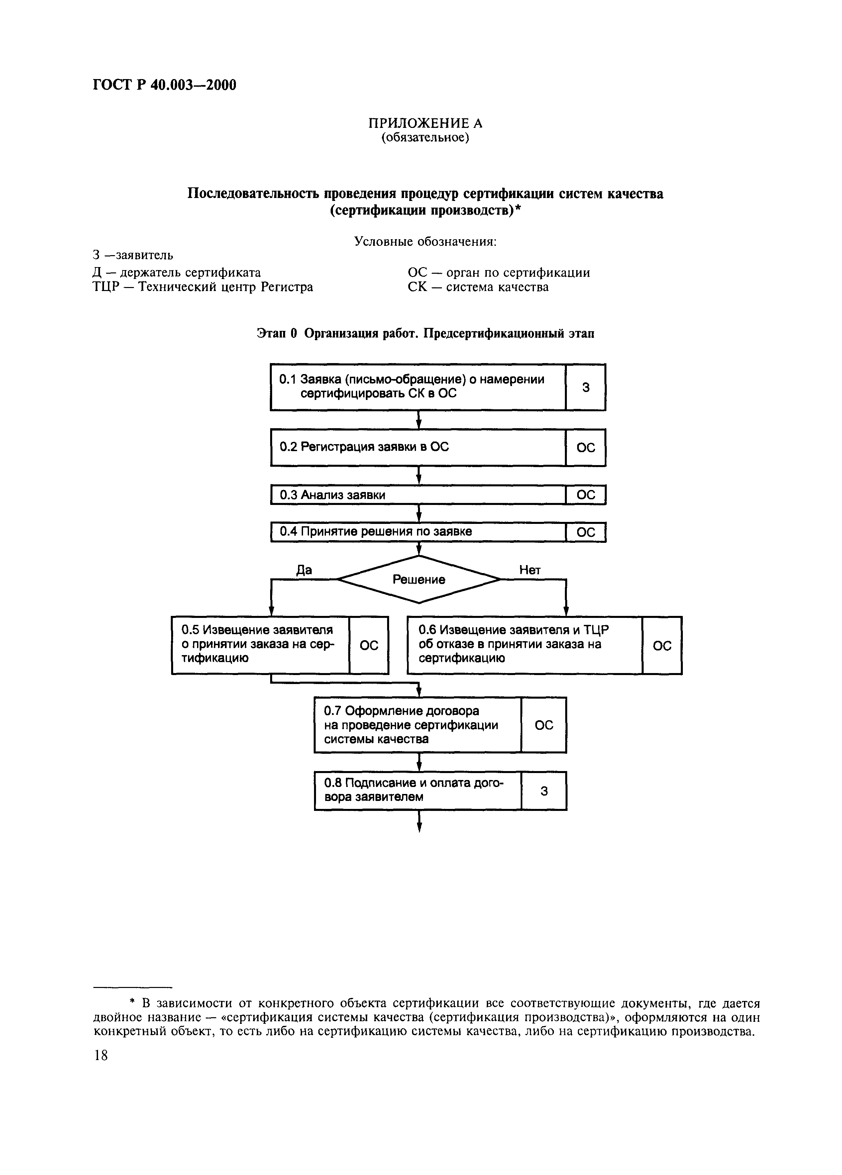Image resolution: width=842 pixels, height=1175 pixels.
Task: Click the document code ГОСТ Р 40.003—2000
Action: tap(164, 84)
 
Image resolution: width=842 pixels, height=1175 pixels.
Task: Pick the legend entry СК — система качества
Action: tap(478, 286)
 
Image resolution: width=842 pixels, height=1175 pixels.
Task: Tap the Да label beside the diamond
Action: tap(304, 570)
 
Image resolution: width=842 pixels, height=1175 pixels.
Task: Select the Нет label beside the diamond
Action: tap(530, 570)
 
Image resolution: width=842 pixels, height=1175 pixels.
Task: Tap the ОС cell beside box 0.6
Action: tap(662, 645)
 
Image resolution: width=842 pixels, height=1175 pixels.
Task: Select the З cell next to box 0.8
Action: tap(544, 791)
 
